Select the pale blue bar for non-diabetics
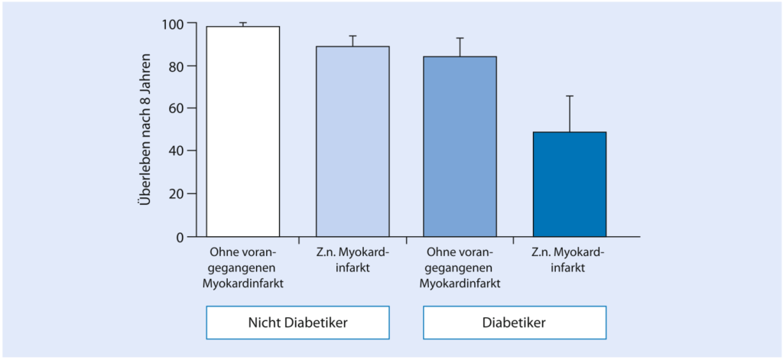click(x=353, y=141)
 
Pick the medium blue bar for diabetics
click(x=460, y=146)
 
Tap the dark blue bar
click(x=570, y=184)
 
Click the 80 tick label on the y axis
click(x=175, y=66)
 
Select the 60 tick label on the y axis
click(x=175, y=109)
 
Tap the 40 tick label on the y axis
click(x=175, y=151)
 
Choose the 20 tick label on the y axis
click(x=175, y=194)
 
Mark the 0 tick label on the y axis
click(x=180, y=237)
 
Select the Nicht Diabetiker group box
click(x=297, y=323)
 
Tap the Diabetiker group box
click(x=515, y=323)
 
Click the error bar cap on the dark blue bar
click(x=570, y=96)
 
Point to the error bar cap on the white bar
click(x=242, y=23)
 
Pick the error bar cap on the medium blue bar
click(x=460, y=38)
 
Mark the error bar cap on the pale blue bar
click(x=353, y=36)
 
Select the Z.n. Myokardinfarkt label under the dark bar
click(x=570, y=261)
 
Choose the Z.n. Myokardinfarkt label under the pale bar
click(x=353, y=261)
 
